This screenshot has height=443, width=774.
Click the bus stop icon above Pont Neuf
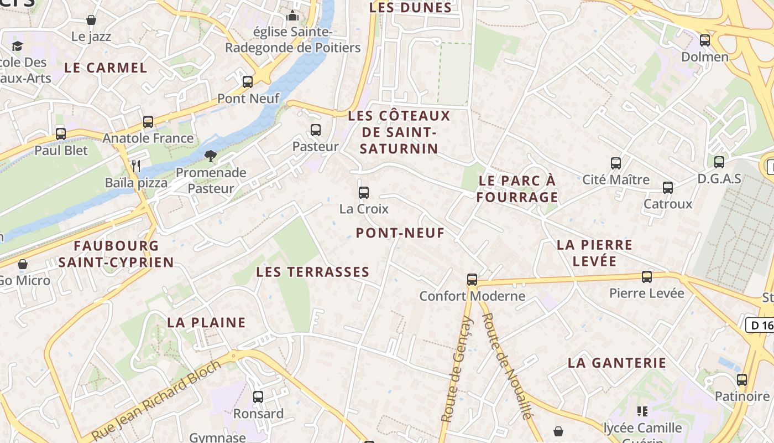pyautogui.click(x=248, y=82)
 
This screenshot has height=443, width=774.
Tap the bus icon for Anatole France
pyautogui.click(x=148, y=122)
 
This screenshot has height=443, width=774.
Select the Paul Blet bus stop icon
pyautogui.click(x=61, y=133)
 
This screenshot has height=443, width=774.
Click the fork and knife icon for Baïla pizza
pyautogui.click(x=136, y=165)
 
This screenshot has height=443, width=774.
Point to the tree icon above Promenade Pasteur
pyautogui.click(x=210, y=156)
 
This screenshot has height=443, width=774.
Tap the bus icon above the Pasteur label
pyautogui.click(x=315, y=130)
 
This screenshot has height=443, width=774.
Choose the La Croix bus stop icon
pyautogui.click(x=364, y=193)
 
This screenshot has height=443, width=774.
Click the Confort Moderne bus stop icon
pyautogui.click(x=472, y=280)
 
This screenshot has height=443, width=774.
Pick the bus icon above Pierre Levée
pyautogui.click(x=647, y=276)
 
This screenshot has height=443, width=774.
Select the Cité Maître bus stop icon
pyautogui.click(x=616, y=163)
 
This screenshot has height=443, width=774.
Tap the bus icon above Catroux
pyautogui.click(x=668, y=188)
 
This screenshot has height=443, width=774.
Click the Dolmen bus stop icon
pyautogui.click(x=705, y=40)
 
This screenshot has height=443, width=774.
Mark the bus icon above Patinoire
pyautogui.click(x=742, y=380)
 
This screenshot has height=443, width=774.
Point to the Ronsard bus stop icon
pyautogui.click(x=258, y=397)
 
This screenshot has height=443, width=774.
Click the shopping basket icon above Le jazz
pyautogui.click(x=91, y=20)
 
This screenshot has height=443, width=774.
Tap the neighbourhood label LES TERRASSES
pyautogui.click(x=312, y=272)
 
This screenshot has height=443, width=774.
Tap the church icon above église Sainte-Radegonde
pyautogui.click(x=293, y=16)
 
